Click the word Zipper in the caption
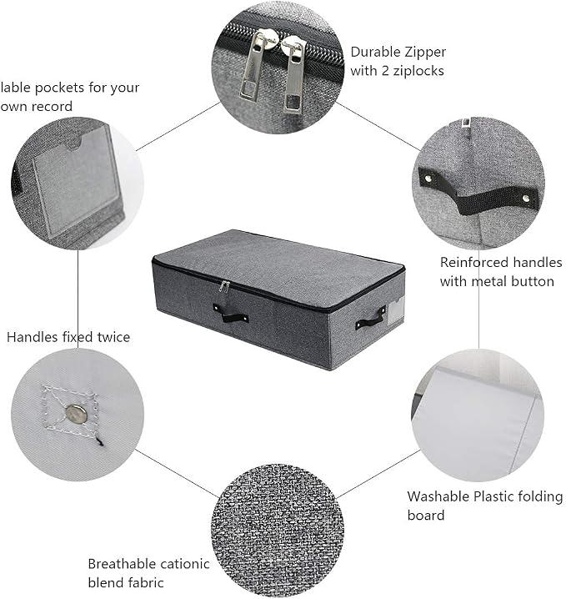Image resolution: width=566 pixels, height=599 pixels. pyautogui.click(x=426, y=53)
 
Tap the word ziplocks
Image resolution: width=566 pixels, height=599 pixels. pyautogui.click(x=420, y=71)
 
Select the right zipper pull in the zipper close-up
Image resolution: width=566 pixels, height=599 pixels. pyautogui.click(x=294, y=73)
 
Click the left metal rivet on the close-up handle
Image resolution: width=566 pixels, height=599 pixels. pyautogui.click(x=428, y=178)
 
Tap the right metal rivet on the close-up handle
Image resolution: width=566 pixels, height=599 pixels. pyautogui.click(x=526, y=198)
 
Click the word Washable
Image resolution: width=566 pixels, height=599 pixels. pyautogui.click(x=438, y=496)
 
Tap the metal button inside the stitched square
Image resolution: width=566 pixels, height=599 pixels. pyautogui.click(x=77, y=413)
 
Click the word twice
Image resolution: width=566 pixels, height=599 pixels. pyautogui.click(x=113, y=337)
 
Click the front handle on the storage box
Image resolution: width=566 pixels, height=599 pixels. pyautogui.click(x=231, y=314)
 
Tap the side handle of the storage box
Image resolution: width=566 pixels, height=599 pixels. pyautogui.click(x=370, y=318)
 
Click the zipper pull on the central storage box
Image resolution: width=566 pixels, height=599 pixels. pyautogui.click(x=223, y=286)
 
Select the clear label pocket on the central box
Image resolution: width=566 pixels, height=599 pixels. pyautogui.click(x=395, y=310)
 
